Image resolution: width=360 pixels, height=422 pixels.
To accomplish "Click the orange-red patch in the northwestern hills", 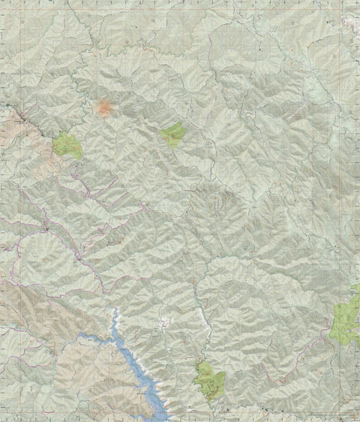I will (104, 109).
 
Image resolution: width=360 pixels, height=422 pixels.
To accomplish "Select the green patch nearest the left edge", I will (67, 145).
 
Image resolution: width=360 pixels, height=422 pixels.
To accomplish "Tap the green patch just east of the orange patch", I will (173, 134).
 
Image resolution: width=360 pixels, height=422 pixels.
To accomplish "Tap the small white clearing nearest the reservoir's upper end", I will (163, 324).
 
